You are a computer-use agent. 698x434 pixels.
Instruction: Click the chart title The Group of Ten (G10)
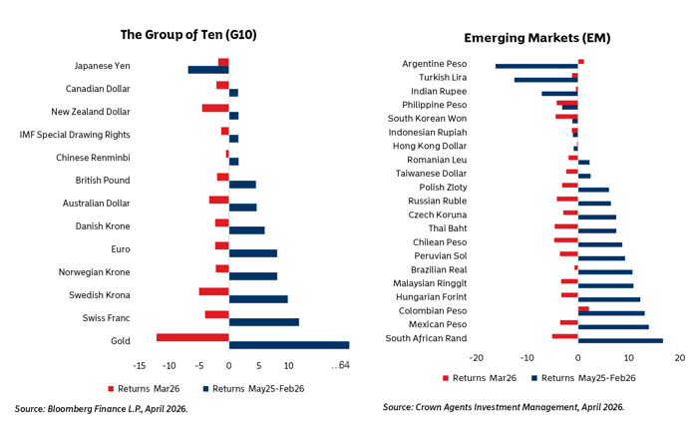click(188, 34)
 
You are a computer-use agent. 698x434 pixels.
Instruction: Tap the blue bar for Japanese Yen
click(208, 70)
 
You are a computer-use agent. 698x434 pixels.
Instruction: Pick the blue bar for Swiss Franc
click(263, 322)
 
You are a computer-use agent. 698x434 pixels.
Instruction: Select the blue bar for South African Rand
click(620, 341)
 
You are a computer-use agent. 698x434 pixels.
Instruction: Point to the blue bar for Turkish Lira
click(545, 80)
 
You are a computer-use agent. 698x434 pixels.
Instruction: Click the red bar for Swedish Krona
click(213, 291)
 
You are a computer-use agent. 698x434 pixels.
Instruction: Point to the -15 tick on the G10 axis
click(141, 364)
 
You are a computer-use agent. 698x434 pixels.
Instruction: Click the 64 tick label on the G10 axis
click(343, 364)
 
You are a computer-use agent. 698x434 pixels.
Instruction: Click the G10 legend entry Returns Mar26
click(150, 389)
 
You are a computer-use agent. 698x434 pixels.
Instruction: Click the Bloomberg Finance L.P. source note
click(101, 409)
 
